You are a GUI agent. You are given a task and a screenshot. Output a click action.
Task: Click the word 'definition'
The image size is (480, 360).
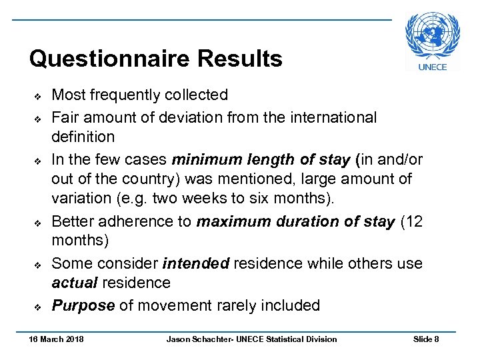tap(83, 137)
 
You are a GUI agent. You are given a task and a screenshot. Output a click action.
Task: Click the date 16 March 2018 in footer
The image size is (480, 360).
tap(56, 339)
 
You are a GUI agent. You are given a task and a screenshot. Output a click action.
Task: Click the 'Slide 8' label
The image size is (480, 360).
tap(426, 339)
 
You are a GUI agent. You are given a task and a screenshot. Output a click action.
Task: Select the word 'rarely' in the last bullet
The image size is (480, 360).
tap(236, 306)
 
